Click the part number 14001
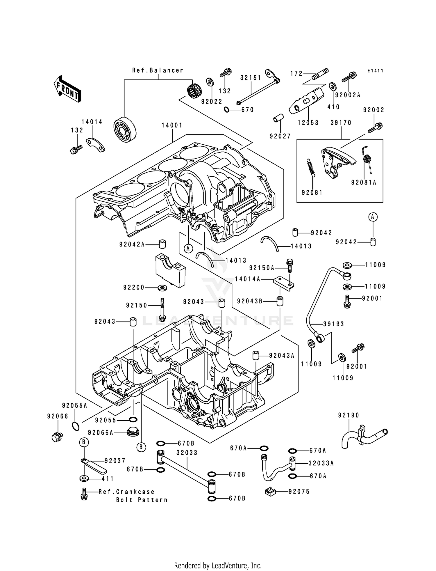click(172, 125)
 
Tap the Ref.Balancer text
click(158, 70)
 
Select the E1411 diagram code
click(375, 71)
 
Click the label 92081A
click(363, 182)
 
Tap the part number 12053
click(308, 123)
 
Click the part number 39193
click(334, 324)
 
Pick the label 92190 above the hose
click(349, 415)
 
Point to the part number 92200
click(134, 288)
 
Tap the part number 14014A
click(247, 279)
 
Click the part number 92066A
click(101, 433)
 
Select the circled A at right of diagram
click(373, 217)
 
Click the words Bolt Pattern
click(142, 500)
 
